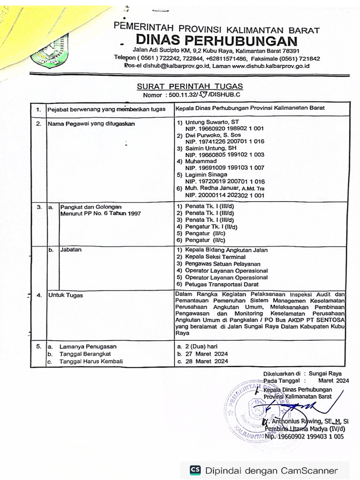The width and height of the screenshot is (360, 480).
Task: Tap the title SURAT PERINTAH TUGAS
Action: coord(190,86)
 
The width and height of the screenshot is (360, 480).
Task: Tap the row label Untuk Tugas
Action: coord(66,295)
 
